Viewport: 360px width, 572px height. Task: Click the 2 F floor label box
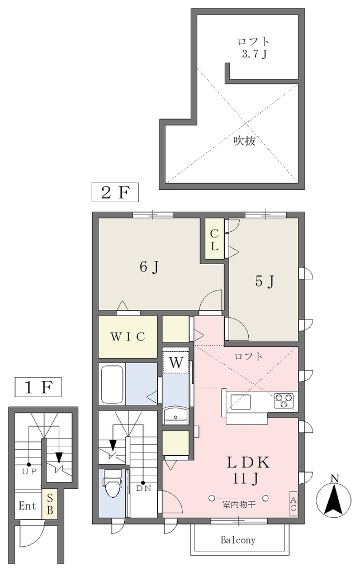[115, 192]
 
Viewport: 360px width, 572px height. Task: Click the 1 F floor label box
[38, 387]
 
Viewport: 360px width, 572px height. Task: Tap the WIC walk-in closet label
[128, 336]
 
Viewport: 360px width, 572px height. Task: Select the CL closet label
[214, 239]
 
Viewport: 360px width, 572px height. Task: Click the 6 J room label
[149, 268]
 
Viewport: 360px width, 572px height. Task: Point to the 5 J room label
[264, 282]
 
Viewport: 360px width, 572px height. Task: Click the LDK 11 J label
[248, 470]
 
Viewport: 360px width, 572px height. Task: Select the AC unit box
[293, 504]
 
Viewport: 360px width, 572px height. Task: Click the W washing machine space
[176, 362]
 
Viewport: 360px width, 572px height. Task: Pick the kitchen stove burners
[283, 400]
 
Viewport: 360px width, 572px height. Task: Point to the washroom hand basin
[176, 416]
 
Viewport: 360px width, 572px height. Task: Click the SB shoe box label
[50, 504]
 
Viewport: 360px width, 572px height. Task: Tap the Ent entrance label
[28, 506]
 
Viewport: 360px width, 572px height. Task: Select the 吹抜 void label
[245, 140]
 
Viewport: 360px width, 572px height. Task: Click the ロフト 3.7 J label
[253, 48]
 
